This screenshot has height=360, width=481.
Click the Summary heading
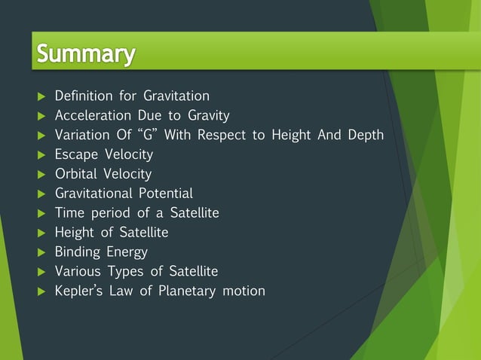pos(86,54)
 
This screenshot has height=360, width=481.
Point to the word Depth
pos(366,135)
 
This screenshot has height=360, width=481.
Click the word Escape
pos(74,154)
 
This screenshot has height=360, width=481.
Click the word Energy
pos(127,252)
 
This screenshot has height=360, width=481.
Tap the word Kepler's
pos(79,291)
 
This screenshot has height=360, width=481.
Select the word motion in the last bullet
pos(243,291)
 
